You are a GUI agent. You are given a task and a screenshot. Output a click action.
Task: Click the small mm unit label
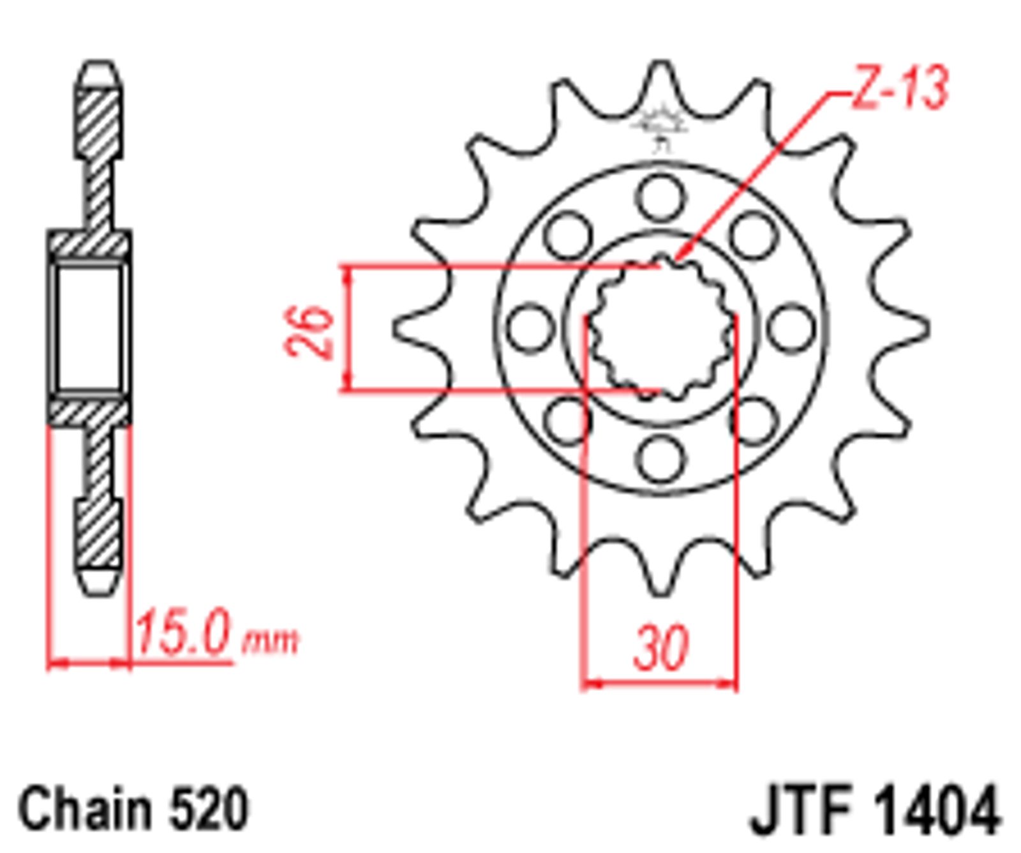[270, 642]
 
